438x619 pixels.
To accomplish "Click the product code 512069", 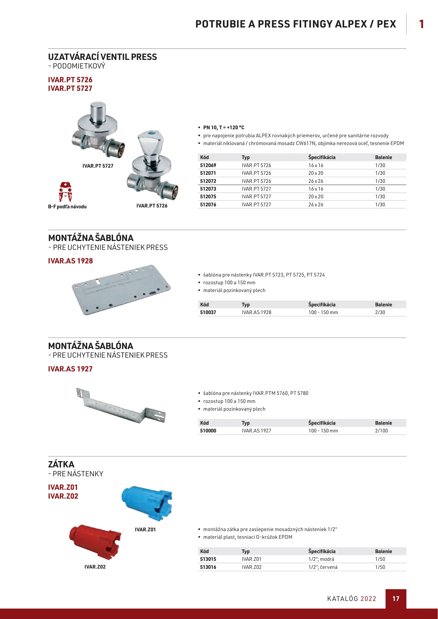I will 208,165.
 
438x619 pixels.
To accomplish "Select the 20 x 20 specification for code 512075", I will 316,197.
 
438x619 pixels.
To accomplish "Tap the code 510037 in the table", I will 208,312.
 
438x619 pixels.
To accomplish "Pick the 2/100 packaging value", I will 381,431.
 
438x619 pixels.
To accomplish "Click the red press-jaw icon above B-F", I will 65,192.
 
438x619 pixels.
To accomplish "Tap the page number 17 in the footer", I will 396,599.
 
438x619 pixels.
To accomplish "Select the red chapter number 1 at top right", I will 421,24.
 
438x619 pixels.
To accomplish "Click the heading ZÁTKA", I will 61,464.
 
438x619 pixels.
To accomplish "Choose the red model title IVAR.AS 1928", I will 70,261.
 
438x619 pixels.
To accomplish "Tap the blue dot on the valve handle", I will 151,134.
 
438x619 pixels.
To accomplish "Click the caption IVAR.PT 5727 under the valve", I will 98,166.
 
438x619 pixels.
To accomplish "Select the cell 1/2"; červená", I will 323,567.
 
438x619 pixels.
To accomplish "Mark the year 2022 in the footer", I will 368,599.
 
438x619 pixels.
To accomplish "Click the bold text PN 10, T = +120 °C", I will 224,128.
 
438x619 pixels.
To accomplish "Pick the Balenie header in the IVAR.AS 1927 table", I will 383,423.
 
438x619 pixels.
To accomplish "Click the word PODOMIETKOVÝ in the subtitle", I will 79,66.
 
